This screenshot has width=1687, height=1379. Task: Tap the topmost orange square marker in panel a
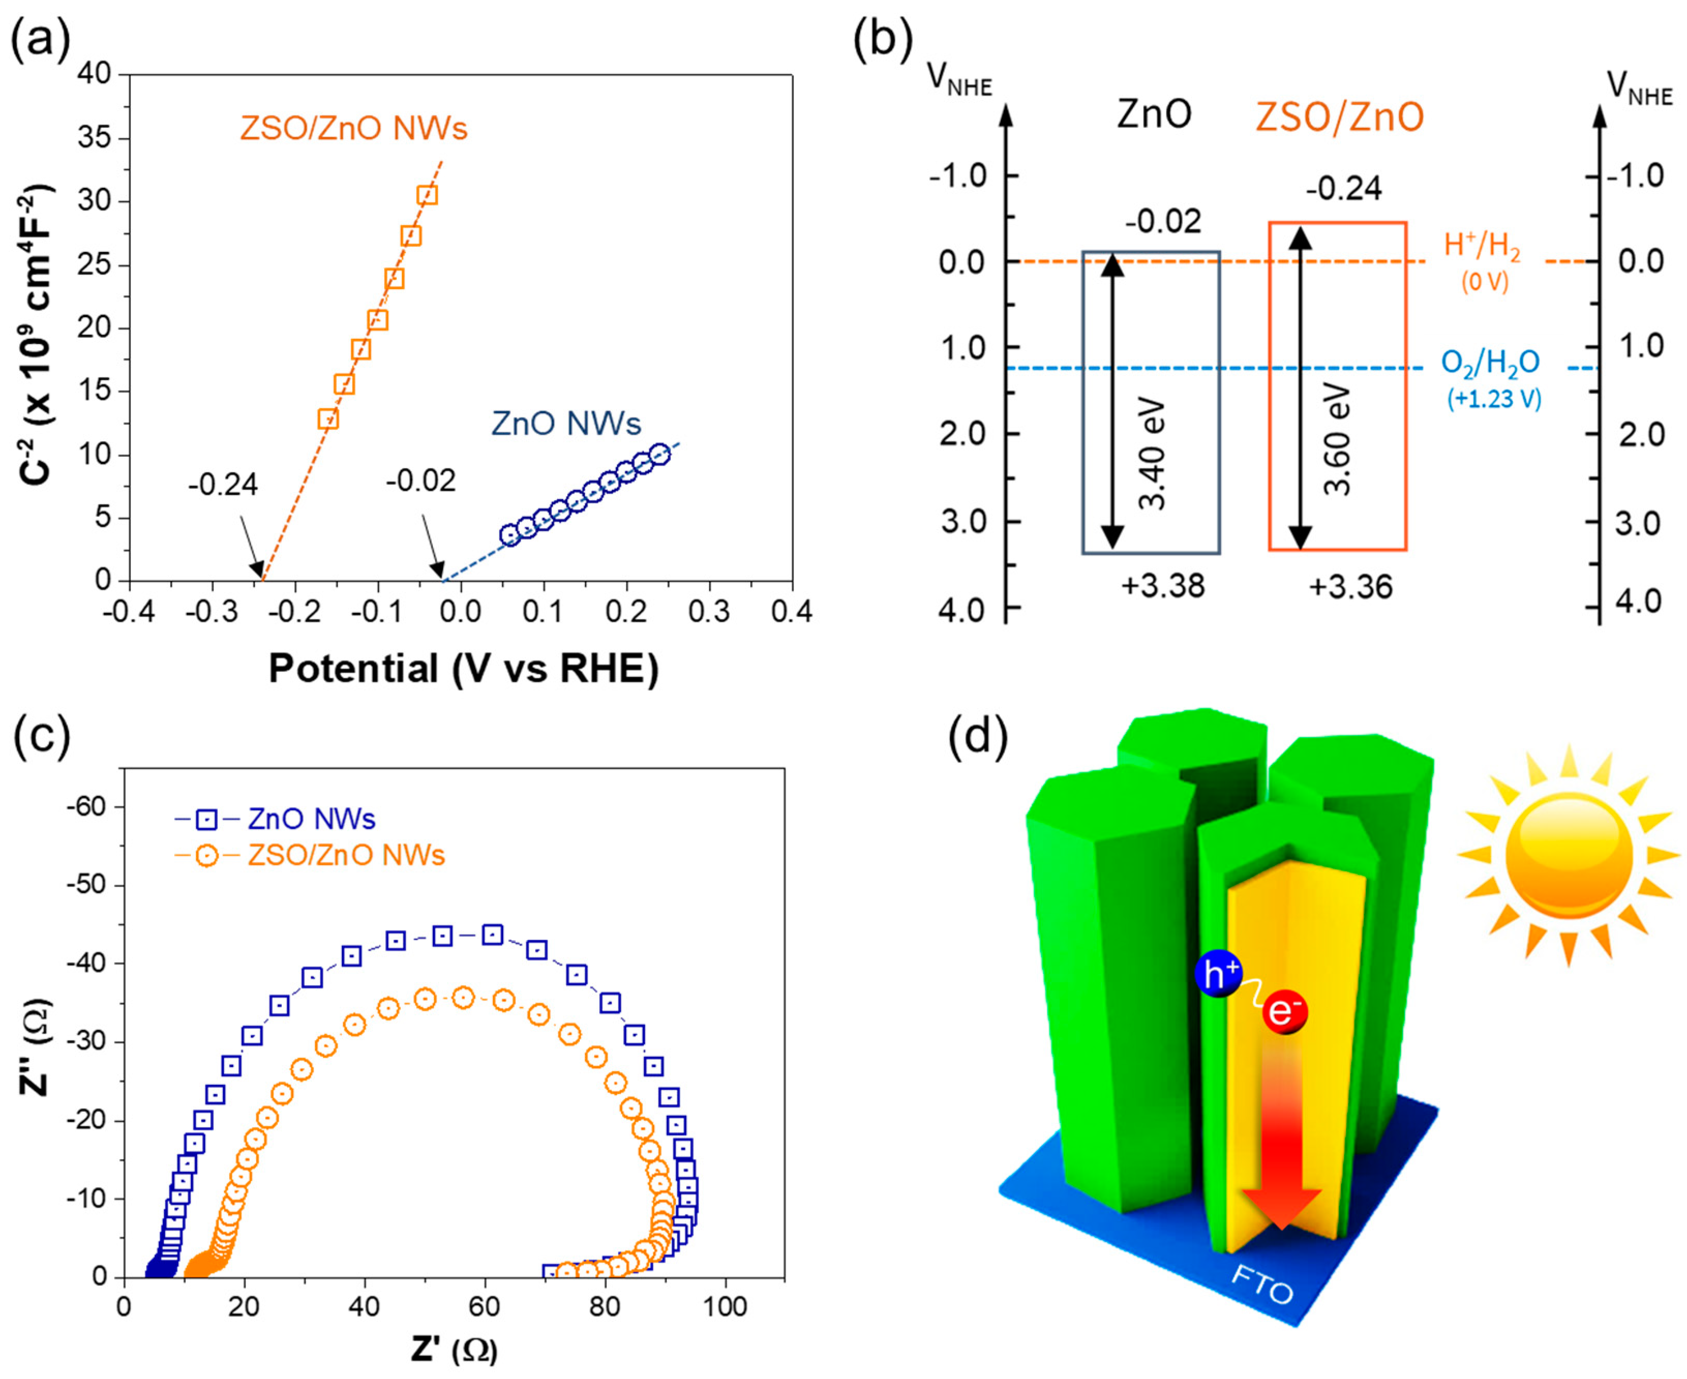click(x=427, y=194)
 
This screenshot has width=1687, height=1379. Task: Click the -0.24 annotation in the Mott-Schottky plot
click(x=223, y=484)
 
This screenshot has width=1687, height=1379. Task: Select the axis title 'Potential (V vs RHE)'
click(x=464, y=668)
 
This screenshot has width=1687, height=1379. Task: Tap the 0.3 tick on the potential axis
click(x=709, y=611)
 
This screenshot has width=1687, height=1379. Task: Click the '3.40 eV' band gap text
click(x=1152, y=454)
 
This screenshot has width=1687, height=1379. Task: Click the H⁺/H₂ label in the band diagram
click(x=1482, y=246)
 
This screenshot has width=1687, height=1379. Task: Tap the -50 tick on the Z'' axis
click(x=86, y=885)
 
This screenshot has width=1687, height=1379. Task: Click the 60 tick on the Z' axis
click(x=485, y=1307)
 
